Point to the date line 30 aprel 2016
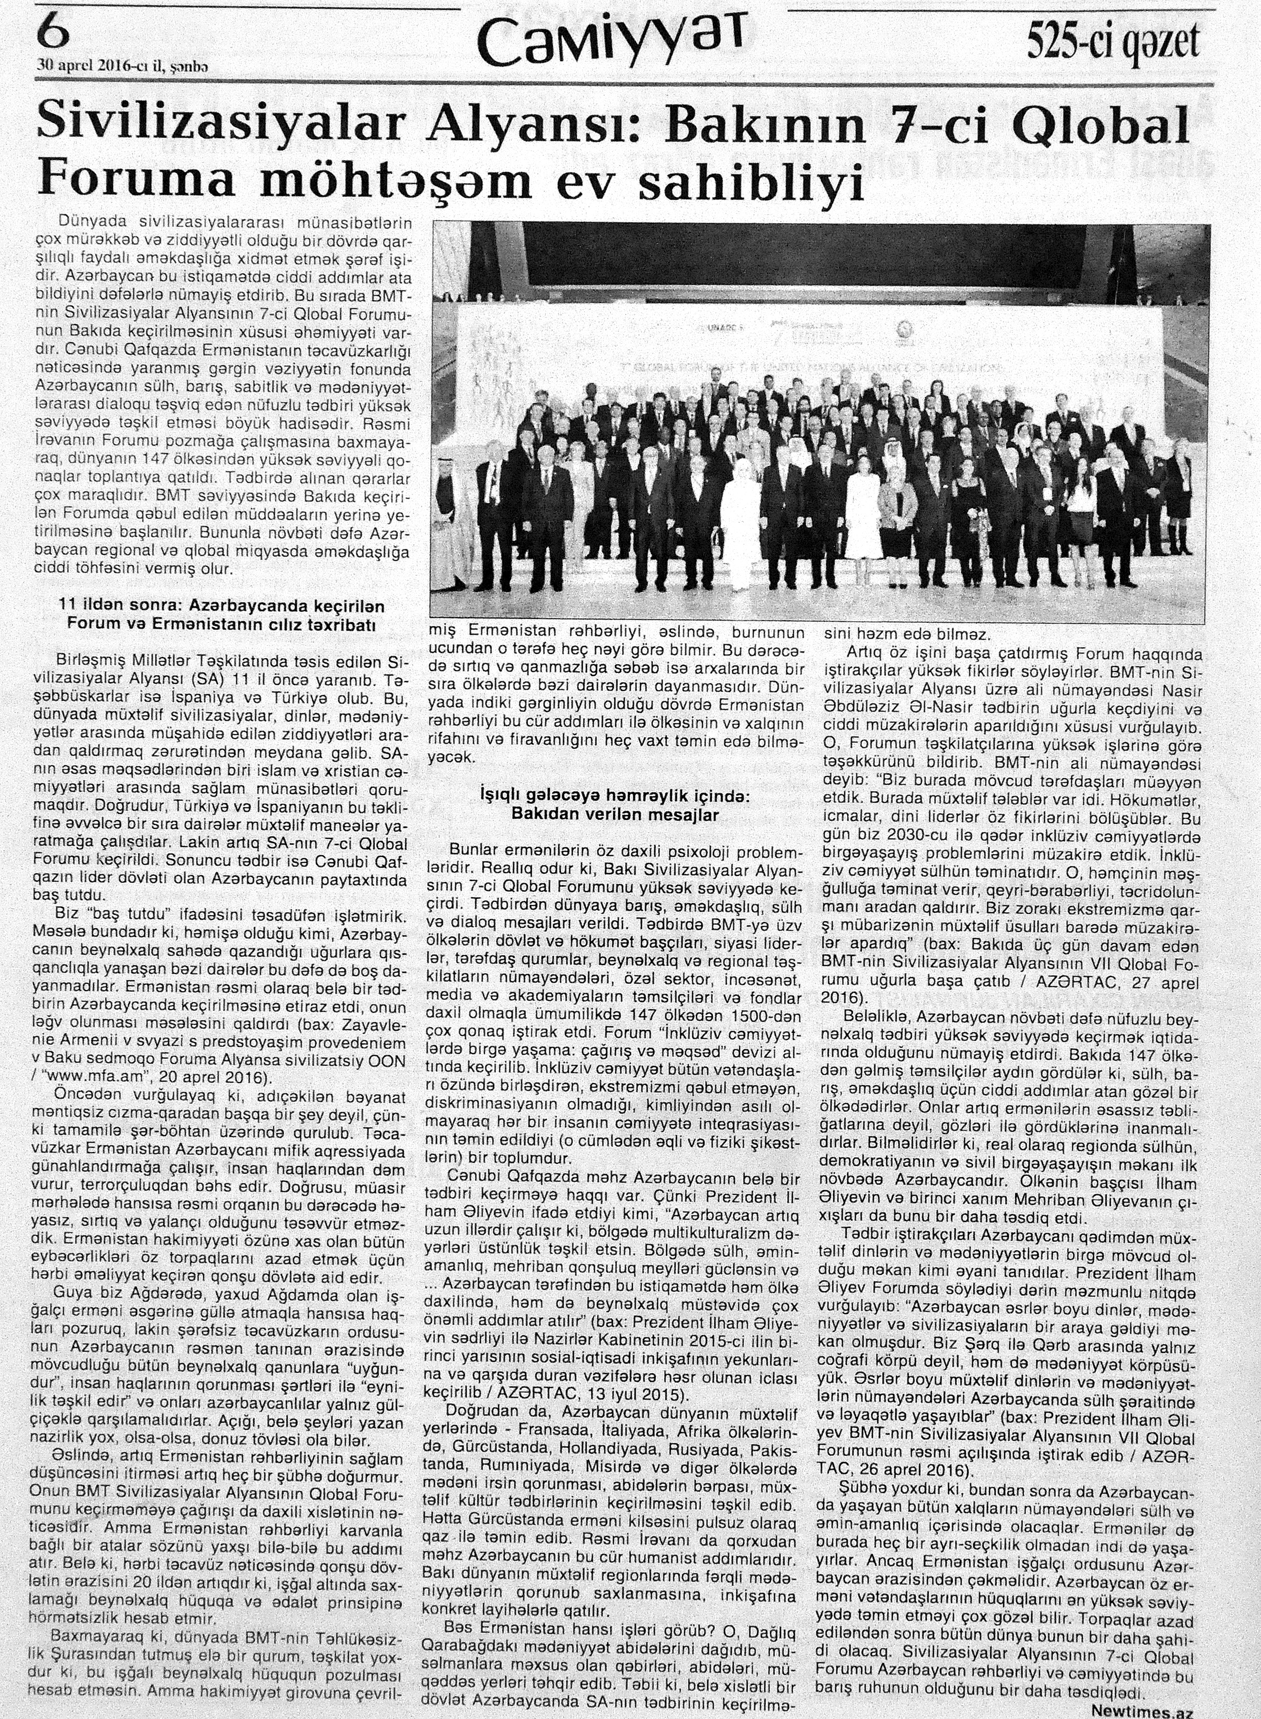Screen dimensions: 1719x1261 [122, 67]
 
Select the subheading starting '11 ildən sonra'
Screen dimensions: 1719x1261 [222, 606]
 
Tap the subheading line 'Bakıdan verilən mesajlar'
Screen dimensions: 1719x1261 [616, 814]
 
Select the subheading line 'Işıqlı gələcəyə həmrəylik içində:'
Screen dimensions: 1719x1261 [615, 797]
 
